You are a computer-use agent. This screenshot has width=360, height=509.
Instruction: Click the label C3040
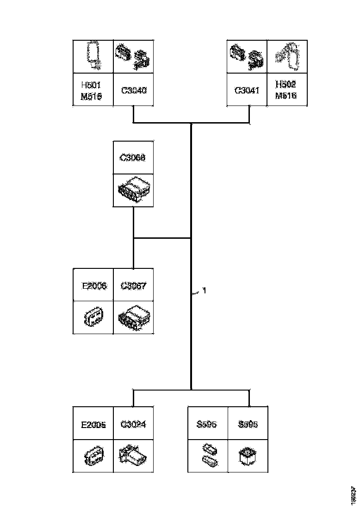(134, 91)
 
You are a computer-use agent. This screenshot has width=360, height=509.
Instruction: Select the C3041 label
(247, 91)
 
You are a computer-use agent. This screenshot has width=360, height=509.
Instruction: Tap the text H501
(91, 85)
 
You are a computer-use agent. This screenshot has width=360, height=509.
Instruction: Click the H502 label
(286, 85)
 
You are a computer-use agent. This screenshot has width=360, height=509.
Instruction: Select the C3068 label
(133, 158)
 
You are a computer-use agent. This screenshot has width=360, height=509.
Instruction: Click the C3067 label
(133, 286)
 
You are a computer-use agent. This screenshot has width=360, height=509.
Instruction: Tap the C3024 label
(133, 424)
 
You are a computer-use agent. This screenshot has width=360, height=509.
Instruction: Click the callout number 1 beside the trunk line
(204, 291)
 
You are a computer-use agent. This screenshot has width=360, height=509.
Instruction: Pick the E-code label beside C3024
(93, 424)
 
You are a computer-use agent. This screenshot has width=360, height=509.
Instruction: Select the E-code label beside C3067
(94, 286)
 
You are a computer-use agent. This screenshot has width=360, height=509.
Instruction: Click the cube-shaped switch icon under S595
(247, 456)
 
